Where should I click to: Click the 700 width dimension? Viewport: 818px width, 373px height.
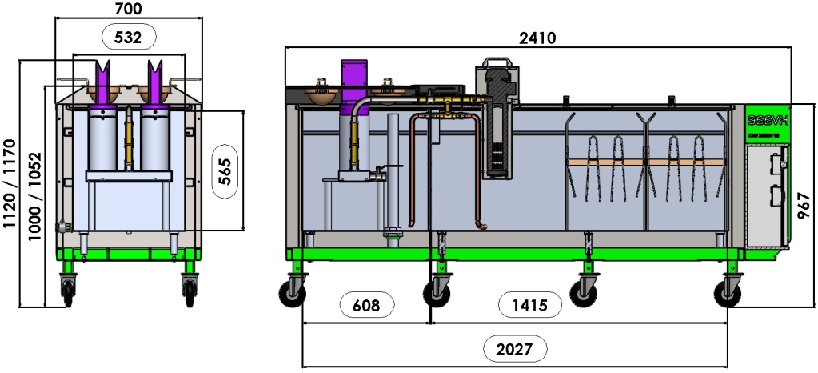[129, 9]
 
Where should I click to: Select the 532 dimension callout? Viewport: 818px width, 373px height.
[128, 36]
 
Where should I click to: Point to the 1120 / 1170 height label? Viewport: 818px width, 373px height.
[10, 184]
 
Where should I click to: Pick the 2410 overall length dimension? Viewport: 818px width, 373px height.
[537, 37]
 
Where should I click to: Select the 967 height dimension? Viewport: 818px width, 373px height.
[805, 206]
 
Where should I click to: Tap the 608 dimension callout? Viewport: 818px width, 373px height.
[367, 304]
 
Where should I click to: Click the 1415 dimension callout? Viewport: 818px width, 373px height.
[524, 304]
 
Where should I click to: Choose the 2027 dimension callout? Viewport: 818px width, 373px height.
[515, 349]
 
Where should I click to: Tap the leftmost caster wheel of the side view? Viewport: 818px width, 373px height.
[292, 294]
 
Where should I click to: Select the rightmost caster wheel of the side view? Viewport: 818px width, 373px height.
[731, 294]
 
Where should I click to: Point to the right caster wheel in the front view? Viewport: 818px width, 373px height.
[190, 291]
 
